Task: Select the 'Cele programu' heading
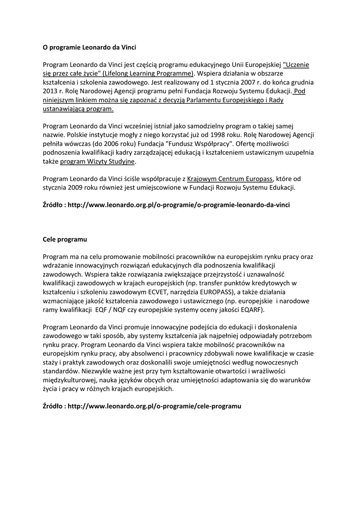pyautogui.click(x=65, y=239)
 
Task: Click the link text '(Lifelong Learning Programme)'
pyautogui.click(x=147, y=73)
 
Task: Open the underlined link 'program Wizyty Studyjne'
pyautogui.click(x=97, y=161)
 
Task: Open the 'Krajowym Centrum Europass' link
pyautogui.click(x=229, y=178)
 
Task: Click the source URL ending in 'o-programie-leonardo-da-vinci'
pyautogui.click(x=179, y=204)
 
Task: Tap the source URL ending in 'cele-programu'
pyautogui.click(x=154, y=406)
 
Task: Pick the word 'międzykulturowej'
pyautogui.click(x=69, y=380)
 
